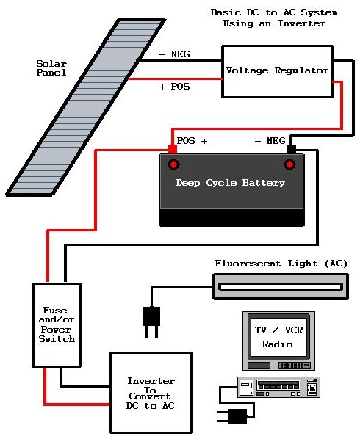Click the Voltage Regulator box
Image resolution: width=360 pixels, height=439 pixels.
278,71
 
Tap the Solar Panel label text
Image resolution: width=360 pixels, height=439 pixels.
51,68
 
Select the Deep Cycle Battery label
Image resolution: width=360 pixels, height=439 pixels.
230,183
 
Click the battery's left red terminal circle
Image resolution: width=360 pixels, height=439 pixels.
173,164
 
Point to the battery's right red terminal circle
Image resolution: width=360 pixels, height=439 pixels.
289,164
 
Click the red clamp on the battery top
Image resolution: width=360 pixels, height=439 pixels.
173,150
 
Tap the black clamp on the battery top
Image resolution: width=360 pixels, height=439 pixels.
292,149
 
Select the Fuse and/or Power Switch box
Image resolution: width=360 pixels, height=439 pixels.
57,324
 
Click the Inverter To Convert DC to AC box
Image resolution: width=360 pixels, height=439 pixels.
151,393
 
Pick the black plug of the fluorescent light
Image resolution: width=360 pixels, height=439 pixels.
151,322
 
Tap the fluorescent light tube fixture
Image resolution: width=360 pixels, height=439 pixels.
281,286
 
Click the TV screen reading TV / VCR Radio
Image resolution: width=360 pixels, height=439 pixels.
278,337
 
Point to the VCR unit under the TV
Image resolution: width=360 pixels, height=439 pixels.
278,387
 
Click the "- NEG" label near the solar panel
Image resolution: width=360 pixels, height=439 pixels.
175,54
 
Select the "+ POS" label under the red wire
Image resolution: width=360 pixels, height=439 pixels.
175,87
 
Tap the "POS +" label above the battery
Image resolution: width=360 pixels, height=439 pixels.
192,140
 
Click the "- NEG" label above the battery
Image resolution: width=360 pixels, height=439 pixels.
270,140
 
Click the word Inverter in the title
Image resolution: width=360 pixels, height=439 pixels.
302,23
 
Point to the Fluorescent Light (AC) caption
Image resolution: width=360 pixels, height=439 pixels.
281,264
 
